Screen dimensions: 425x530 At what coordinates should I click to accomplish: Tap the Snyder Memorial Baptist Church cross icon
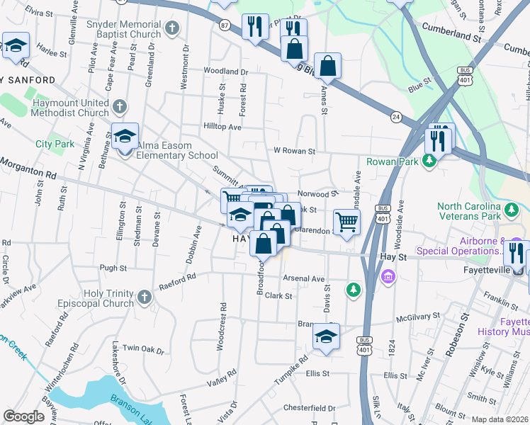coord(171,29)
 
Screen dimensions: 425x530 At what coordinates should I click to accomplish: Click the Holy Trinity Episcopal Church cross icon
coord(145,298)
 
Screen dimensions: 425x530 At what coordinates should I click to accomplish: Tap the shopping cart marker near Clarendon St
coord(346,222)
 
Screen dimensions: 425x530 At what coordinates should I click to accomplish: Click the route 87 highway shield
coord(225,25)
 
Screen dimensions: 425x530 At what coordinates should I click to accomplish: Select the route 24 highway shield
coord(396,115)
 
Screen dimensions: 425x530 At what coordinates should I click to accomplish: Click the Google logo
coord(23,416)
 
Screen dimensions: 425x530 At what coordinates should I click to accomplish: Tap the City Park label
coord(55,144)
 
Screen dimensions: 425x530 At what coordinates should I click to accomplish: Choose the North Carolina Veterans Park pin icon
coord(510,209)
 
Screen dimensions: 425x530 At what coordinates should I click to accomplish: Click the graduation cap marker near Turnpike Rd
coord(327,336)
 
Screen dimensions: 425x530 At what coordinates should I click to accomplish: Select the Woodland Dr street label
coord(226,72)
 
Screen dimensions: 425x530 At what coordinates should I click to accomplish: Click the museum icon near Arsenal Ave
coord(388,276)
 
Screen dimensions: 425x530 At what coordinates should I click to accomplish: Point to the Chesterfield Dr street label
coord(309,408)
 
